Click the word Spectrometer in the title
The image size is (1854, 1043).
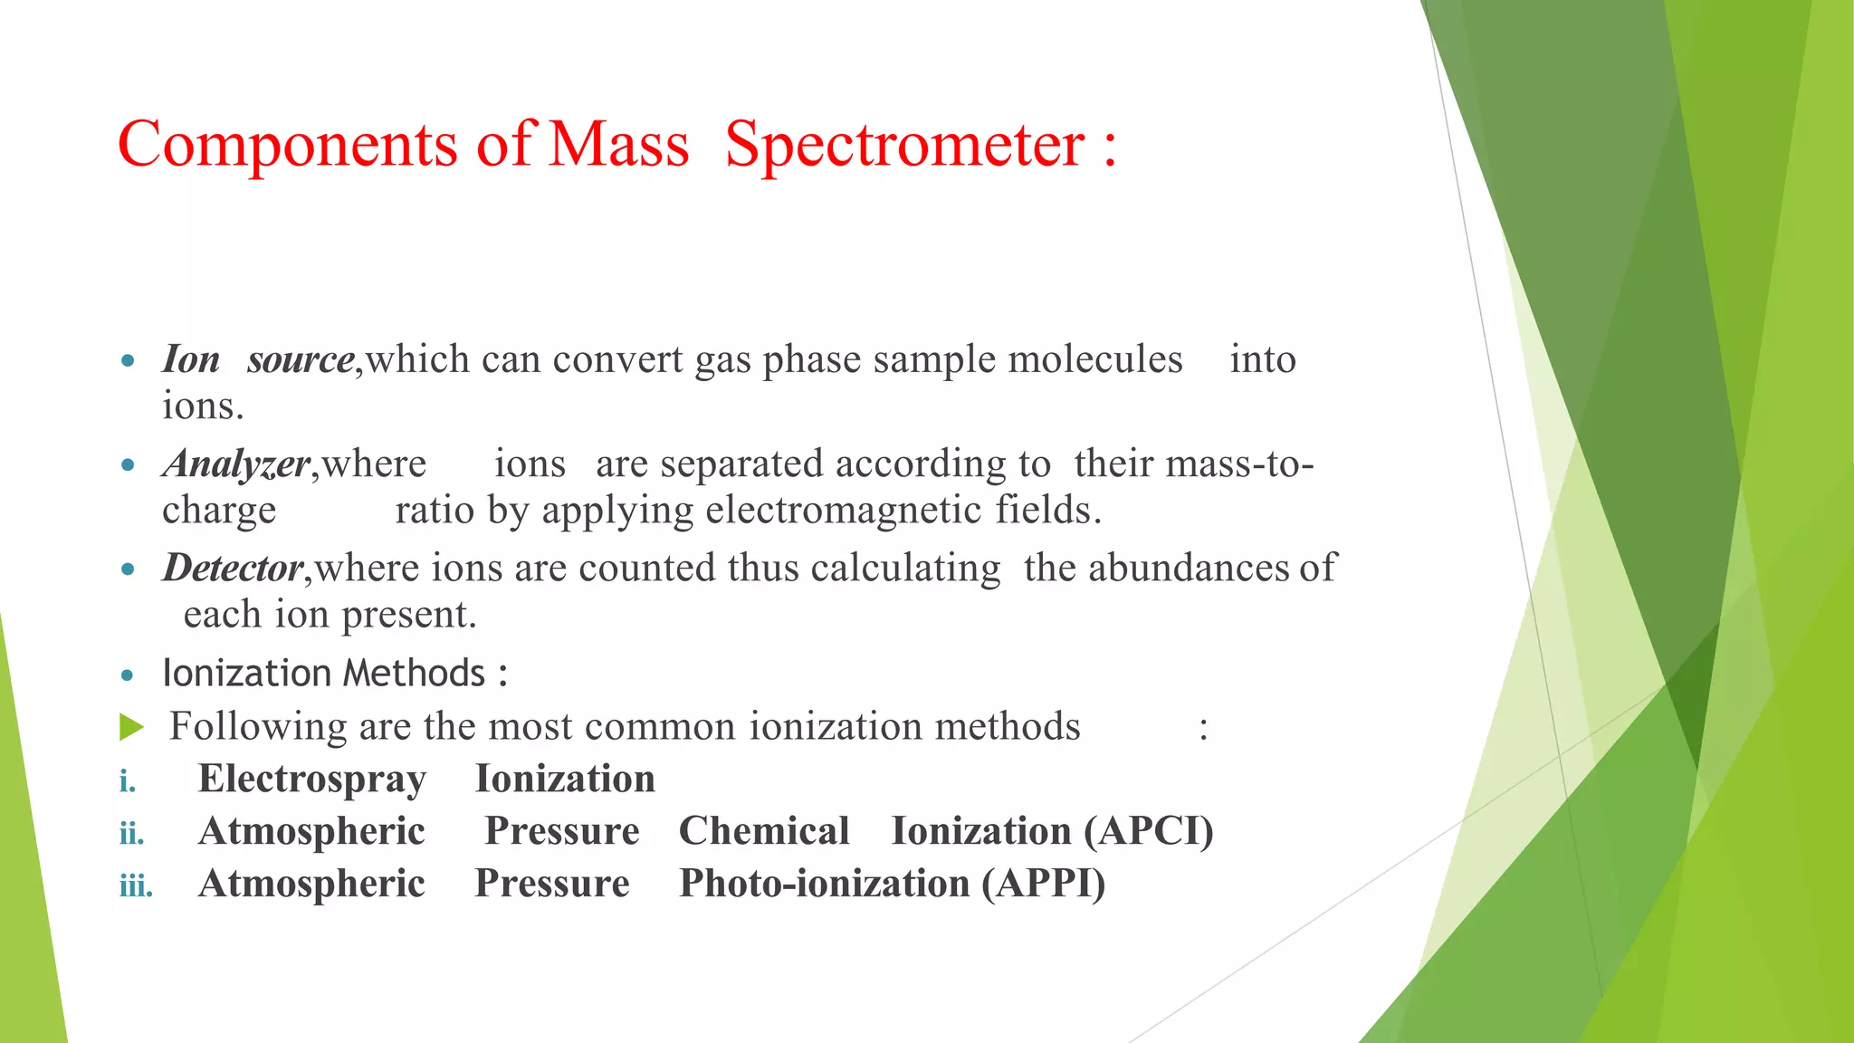point(904,145)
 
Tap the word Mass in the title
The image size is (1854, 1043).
point(619,145)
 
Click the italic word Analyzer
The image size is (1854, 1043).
point(236,464)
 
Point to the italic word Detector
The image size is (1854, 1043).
point(233,569)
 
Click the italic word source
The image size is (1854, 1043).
point(301,360)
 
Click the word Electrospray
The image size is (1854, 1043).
point(312,780)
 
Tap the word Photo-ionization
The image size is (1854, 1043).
point(824,884)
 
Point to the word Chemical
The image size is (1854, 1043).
point(764,831)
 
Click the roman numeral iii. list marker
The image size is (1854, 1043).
point(136,885)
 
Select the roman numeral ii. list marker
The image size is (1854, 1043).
point(132,833)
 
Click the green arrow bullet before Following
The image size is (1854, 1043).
point(131,727)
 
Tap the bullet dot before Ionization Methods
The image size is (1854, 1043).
point(128,675)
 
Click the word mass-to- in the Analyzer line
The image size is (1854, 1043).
point(1239,464)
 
